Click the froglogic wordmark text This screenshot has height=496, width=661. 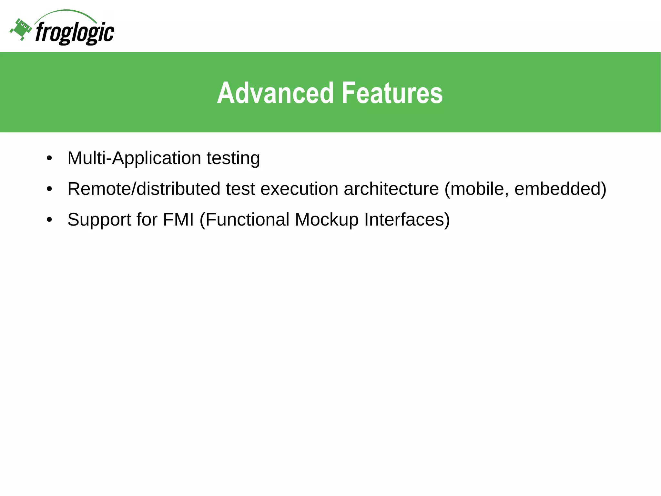click(x=75, y=33)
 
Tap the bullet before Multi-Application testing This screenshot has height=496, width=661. click(x=49, y=159)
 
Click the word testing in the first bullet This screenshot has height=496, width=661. click(x=233, y=158)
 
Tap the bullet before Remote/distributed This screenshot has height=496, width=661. click(x=49, y=189)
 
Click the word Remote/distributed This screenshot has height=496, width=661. click(x=144, y=189)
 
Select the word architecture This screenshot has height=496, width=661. click(x=391, y=189)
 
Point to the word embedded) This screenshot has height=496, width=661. click(x=560, y=189)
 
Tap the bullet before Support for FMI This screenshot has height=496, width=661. click(x=49, y=220)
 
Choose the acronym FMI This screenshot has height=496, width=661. click(x=178, y=220)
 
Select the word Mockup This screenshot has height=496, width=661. click(x=327, y=220)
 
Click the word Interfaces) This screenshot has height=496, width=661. click(x=407, y=220)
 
